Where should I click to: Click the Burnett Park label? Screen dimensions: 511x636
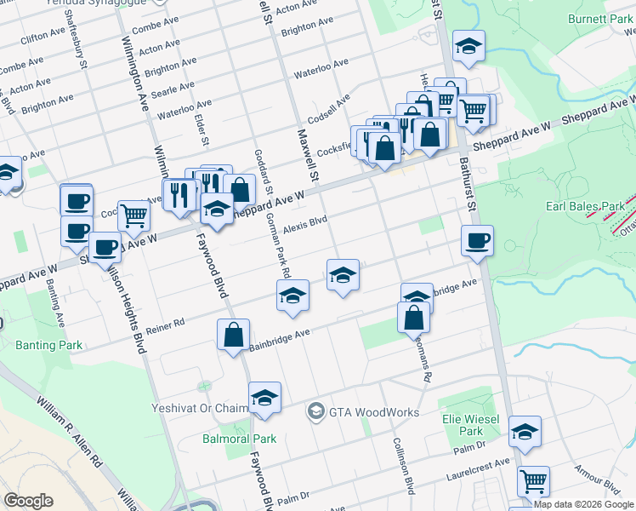(x=600, y=18)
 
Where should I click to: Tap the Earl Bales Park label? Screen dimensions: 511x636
(x=586, y=206)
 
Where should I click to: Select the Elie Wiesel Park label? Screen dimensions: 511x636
(x=464, y=425)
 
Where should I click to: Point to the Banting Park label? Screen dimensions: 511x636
(x=49, y=345)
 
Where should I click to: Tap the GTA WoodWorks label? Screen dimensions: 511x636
(x=374, y=412)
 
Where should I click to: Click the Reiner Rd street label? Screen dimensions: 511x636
(x=166, y=324)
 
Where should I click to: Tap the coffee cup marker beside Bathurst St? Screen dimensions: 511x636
(x=477, y=240)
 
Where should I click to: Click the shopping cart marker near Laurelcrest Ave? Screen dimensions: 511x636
(x=533, y=480)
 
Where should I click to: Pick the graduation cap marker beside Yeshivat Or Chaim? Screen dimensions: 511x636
(x=264, y=398)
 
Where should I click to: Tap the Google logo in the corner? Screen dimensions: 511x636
(x=28, y=500)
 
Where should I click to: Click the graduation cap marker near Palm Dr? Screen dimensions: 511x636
(x=525, y=432)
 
